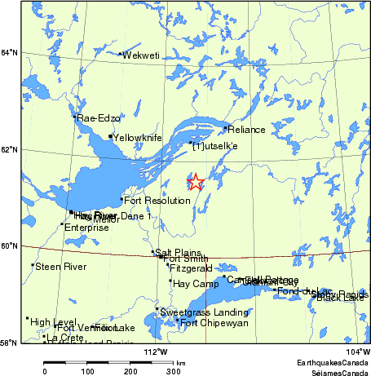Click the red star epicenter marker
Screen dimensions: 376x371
(x=196, y=182)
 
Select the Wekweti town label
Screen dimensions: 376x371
(x=140, y=55)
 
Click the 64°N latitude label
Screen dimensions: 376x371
(x=9, y=53)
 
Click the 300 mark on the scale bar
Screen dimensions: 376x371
(x=174, y=371)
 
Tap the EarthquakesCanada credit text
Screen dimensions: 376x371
(x=332, y=361)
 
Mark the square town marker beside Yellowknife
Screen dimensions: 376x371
(x=110, y=137)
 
